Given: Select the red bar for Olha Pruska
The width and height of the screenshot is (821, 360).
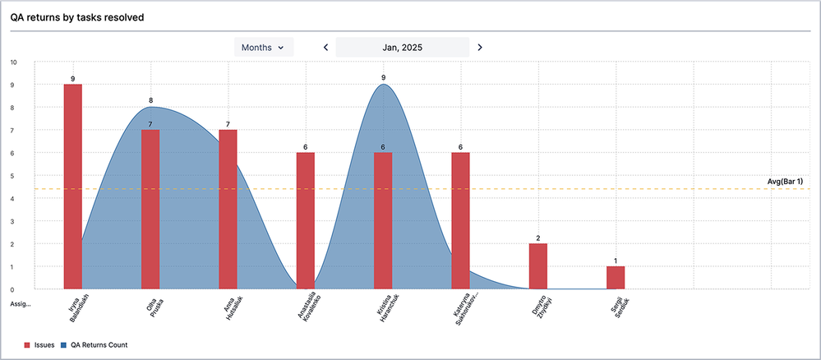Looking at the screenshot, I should (x=150, y=209).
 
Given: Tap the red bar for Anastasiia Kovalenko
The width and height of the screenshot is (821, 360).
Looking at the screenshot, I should (x=306, y=220).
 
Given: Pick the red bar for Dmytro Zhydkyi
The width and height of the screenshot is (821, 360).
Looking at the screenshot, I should (x=538, y=266).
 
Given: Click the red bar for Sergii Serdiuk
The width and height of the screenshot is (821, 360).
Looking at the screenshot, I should (x=616, y=278).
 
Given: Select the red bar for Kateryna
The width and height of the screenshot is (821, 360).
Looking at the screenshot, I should (x=460, y=220).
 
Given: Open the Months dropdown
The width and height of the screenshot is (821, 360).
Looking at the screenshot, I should (x=263, y=48).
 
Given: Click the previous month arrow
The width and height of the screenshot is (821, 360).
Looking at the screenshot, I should (x=325, y=48).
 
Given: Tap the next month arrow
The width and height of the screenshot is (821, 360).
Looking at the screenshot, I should (x=480, y=48).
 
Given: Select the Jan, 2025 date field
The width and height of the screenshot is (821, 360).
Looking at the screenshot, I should (x=403, y=48).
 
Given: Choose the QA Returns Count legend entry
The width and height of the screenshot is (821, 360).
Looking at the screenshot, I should (x=95, y=345).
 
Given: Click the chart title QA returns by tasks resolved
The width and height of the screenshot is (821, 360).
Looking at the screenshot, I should (x=77, y=17).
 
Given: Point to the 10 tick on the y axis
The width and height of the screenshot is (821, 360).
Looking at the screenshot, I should (x=12, y=62).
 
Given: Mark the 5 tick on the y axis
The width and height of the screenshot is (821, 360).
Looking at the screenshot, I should (x=12, y=176).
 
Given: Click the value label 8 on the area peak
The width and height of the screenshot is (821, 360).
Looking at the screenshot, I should (x=150, y=101).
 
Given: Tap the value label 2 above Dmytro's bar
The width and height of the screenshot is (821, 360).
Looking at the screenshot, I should (x=538, y=238).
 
